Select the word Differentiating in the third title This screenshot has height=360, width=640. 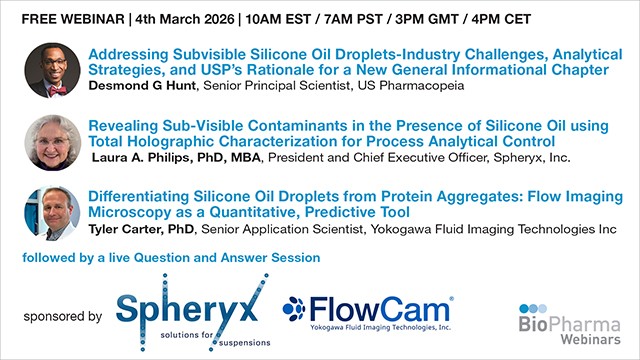(146, 197)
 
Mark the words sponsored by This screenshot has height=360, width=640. (62, 316)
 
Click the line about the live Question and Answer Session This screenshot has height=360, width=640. (170, 257)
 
